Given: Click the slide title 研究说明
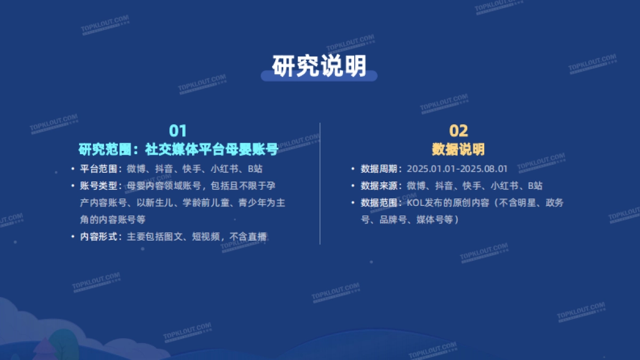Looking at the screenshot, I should (x=319, y=66).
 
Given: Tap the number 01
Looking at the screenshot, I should (x=178, y=131).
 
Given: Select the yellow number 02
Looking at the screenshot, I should (x=458, y=131).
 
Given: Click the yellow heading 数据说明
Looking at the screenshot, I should (x=458, y=149).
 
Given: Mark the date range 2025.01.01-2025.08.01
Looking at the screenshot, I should (x=457, y=169).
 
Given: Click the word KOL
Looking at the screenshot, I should (x=414, y=203).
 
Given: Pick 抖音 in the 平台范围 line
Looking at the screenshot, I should (x=164, y=169).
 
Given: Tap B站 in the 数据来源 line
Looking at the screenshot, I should (x=535, y=186).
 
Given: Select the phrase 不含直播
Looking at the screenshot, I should (x=249, y=236).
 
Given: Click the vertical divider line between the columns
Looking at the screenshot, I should (x=320, y=183).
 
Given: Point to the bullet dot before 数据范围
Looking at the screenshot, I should (x=353, y=203).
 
